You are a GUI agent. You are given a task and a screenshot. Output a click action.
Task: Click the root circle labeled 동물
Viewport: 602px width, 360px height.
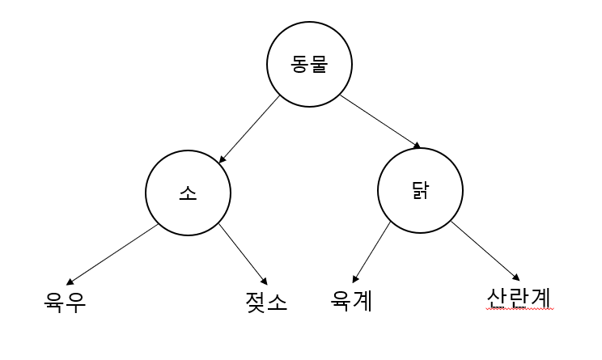[310, 66]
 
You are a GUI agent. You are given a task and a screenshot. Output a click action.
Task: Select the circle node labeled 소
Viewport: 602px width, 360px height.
[188, 193]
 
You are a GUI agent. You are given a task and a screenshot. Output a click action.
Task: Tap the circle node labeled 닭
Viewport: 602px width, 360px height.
[420, 191]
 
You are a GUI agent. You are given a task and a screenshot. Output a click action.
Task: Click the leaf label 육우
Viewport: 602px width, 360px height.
[65, 301]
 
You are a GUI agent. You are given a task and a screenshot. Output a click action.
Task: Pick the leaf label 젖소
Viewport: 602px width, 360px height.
[266, 301]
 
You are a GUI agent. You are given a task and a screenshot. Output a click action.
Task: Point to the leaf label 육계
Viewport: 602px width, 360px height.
[352, 300]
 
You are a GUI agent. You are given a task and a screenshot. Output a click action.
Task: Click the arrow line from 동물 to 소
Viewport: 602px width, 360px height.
[250, 128]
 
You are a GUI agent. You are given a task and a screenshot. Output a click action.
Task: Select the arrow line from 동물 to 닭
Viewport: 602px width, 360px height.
[379, 121]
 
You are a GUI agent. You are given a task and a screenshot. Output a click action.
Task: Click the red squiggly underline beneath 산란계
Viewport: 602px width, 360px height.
[519, 309]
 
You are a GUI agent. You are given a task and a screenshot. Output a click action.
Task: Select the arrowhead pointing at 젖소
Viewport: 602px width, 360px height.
[265, 280]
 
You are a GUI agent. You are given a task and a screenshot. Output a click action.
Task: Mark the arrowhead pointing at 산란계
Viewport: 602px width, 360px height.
[516, 276]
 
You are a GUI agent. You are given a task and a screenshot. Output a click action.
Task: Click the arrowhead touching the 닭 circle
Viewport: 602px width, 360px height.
[417, 146]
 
